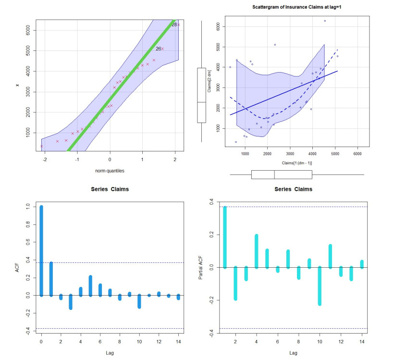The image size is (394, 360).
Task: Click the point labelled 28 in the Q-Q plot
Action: coord(179,25)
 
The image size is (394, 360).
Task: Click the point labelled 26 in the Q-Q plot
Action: coord(162,49)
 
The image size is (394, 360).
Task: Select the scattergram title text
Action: coord(294,7)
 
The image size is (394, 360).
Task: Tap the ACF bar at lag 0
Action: coord(41,250)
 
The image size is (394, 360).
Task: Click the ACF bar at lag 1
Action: coord(51,279)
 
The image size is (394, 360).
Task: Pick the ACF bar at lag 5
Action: coord(90,286)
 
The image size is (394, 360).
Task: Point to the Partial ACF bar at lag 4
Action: coord(257,251)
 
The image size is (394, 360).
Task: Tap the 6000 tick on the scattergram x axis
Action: coord(357,154)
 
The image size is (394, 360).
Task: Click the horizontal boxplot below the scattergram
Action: coord(282,174)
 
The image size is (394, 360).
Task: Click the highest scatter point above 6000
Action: coord(325,21)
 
